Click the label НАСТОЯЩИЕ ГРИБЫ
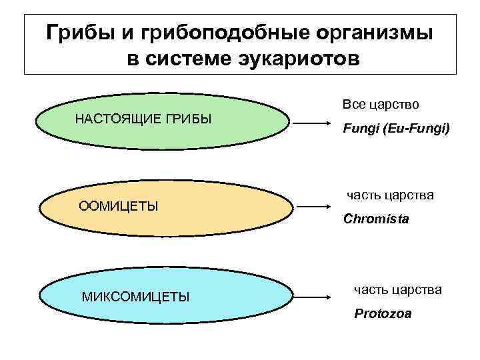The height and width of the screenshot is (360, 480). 143,119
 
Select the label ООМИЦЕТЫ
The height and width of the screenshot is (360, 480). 119,205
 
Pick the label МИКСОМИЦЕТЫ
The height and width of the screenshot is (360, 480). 136,295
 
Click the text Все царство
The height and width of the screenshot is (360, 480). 381,105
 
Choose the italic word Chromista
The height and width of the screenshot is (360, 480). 376,218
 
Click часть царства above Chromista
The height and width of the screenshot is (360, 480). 390,195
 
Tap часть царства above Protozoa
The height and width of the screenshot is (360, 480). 397,289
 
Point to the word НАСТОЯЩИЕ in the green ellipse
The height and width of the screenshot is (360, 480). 116,119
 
